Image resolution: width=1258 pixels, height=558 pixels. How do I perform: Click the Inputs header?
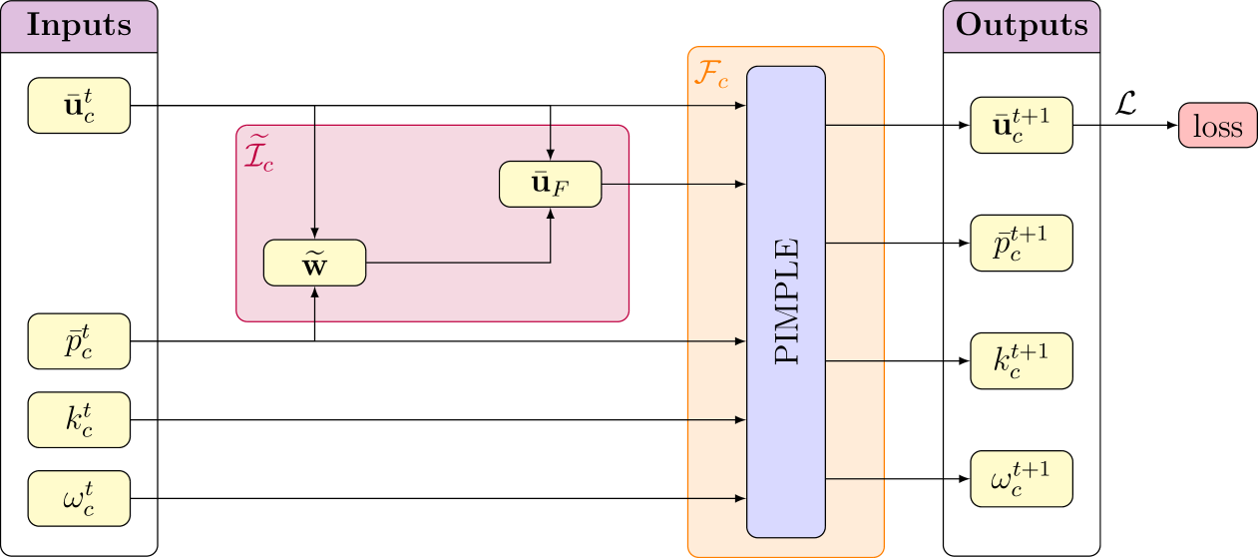coord(79,26)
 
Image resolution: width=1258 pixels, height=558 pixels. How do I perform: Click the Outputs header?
coord(1022,26)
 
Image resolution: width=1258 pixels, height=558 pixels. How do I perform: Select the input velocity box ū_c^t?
coord(79,105)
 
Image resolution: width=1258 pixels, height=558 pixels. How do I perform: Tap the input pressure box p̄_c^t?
coord(79,341)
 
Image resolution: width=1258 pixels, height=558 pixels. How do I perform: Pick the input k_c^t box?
coord(79,419)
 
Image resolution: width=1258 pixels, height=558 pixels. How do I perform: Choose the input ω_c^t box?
coord(79,498)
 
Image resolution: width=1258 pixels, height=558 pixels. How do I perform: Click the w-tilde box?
coord(314,263)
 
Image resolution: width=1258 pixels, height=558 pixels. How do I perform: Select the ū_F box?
coord(551,184)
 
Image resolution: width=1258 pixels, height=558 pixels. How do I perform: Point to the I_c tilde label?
coord(258,151)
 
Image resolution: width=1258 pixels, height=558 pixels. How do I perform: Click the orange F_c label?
coord(710,75)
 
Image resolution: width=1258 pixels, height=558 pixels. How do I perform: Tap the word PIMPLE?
coord(786,301)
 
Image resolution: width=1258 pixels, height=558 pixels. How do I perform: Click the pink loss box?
coord(1217,126)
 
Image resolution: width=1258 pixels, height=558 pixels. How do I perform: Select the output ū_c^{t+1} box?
coord(1022,126)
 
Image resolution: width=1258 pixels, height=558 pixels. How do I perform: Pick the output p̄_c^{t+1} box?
coord(1022,243)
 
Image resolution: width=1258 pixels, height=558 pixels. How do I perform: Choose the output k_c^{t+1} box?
coord(1022,360)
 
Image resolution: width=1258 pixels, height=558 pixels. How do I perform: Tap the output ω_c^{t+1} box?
coord(1022,478)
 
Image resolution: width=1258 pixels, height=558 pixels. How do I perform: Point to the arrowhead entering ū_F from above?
coord(551,155)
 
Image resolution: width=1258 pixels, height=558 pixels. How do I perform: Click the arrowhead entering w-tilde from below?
coord(314,291)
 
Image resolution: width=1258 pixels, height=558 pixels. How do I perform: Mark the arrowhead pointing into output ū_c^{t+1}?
coord(964,126)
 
